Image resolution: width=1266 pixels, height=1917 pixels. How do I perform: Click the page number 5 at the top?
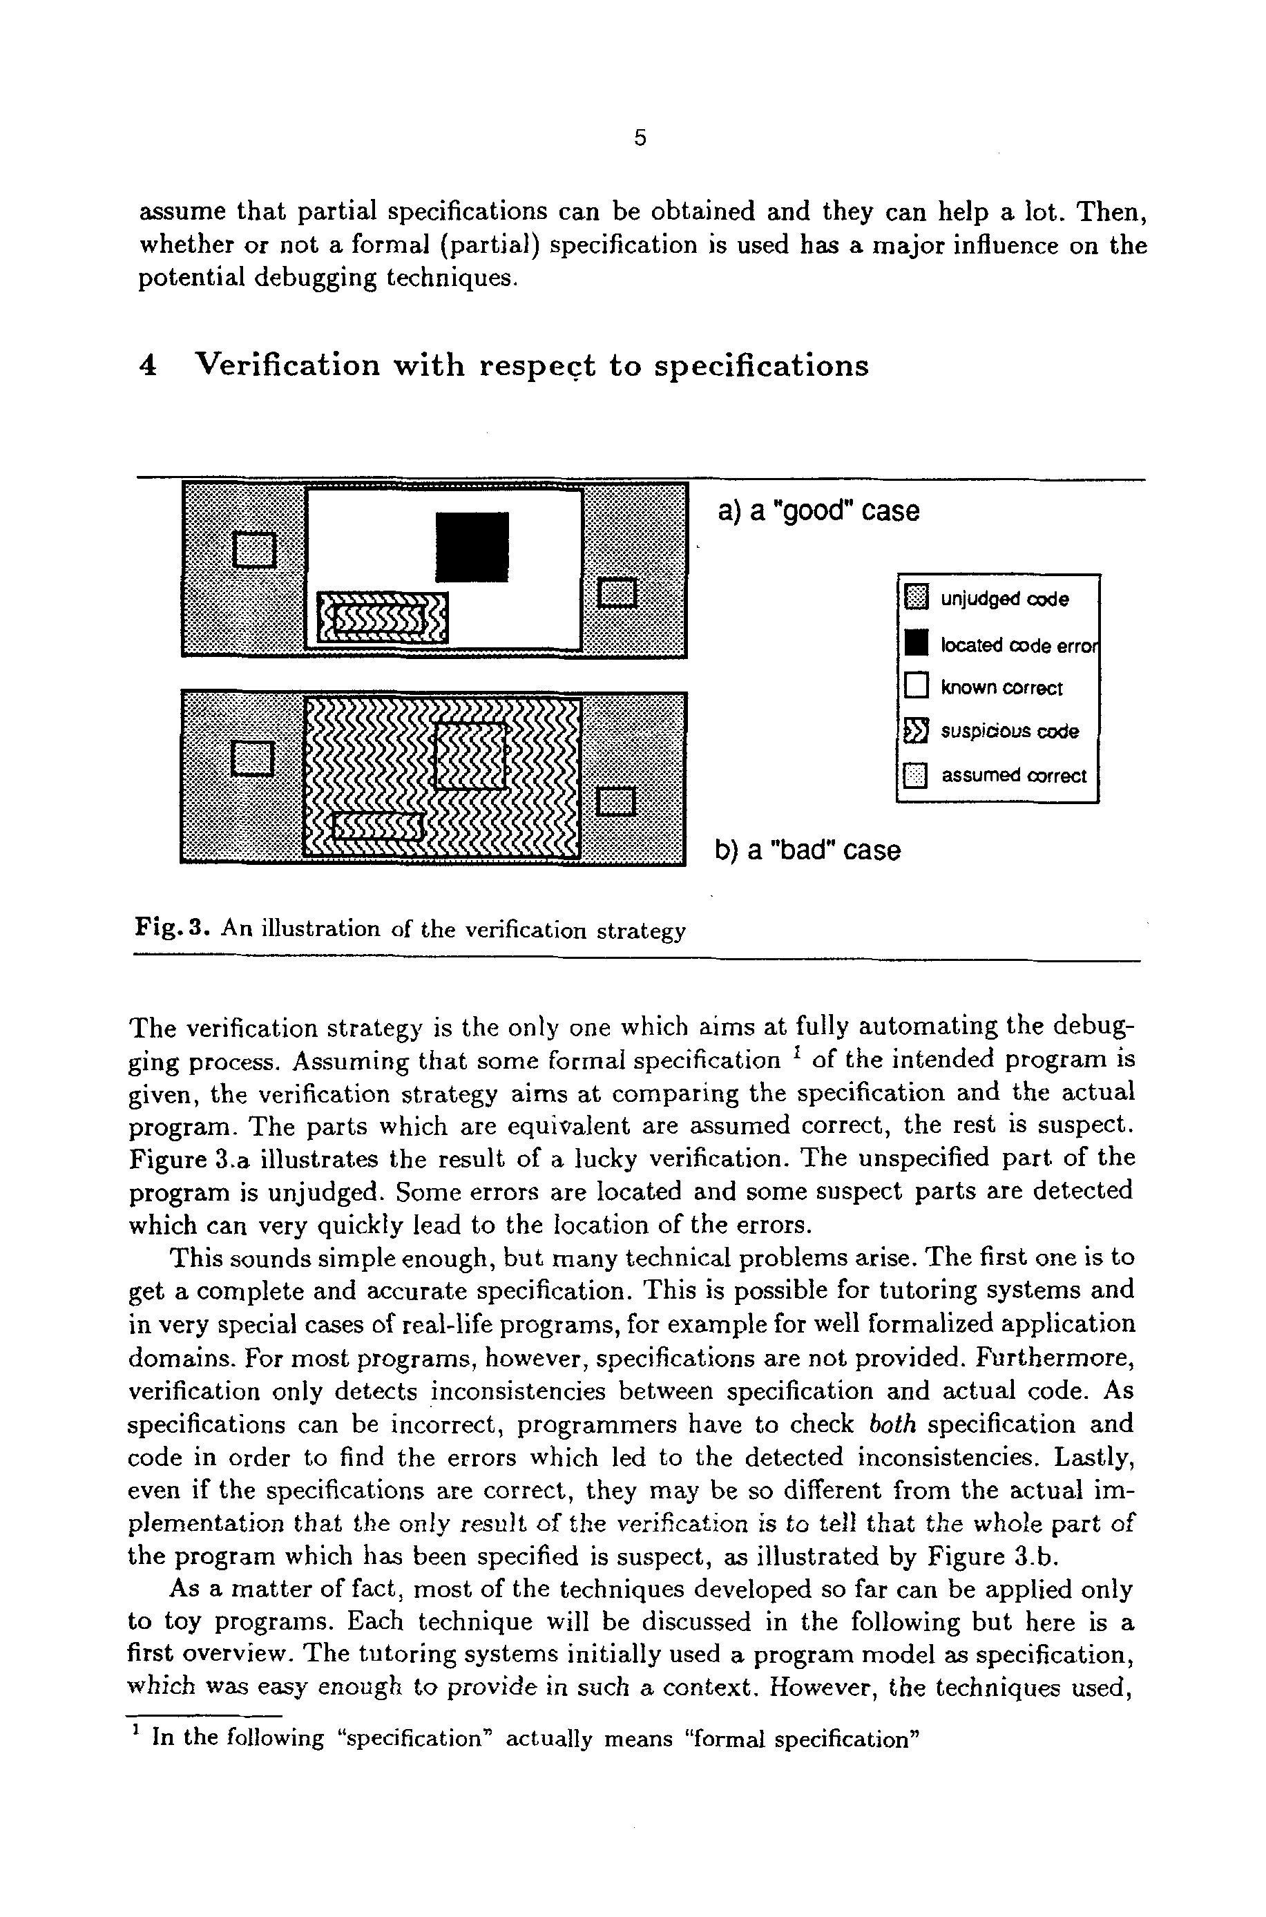(640, 138)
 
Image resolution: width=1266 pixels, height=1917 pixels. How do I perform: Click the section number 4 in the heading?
(148, 366)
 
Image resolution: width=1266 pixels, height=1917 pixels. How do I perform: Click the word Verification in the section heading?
(288, 366)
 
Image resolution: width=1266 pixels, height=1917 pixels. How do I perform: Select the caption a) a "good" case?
(818, 511)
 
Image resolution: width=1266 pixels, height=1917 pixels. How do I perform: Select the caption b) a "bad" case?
(807, 850)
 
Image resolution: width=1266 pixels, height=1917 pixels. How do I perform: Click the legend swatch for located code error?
(917, 644)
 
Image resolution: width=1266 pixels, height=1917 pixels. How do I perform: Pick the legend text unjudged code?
(1004, 599)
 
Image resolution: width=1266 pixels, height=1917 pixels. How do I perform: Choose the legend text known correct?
(1002, 688)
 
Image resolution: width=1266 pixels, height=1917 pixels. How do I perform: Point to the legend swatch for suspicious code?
(917, 731)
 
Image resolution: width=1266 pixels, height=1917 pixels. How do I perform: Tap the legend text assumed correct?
(1014, 776)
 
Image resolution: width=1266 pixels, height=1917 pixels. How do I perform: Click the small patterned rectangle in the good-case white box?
(382, 618)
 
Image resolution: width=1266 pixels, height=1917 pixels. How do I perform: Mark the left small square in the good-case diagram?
(254, 549)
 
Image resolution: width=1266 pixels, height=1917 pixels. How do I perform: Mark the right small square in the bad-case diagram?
(617, 801)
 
